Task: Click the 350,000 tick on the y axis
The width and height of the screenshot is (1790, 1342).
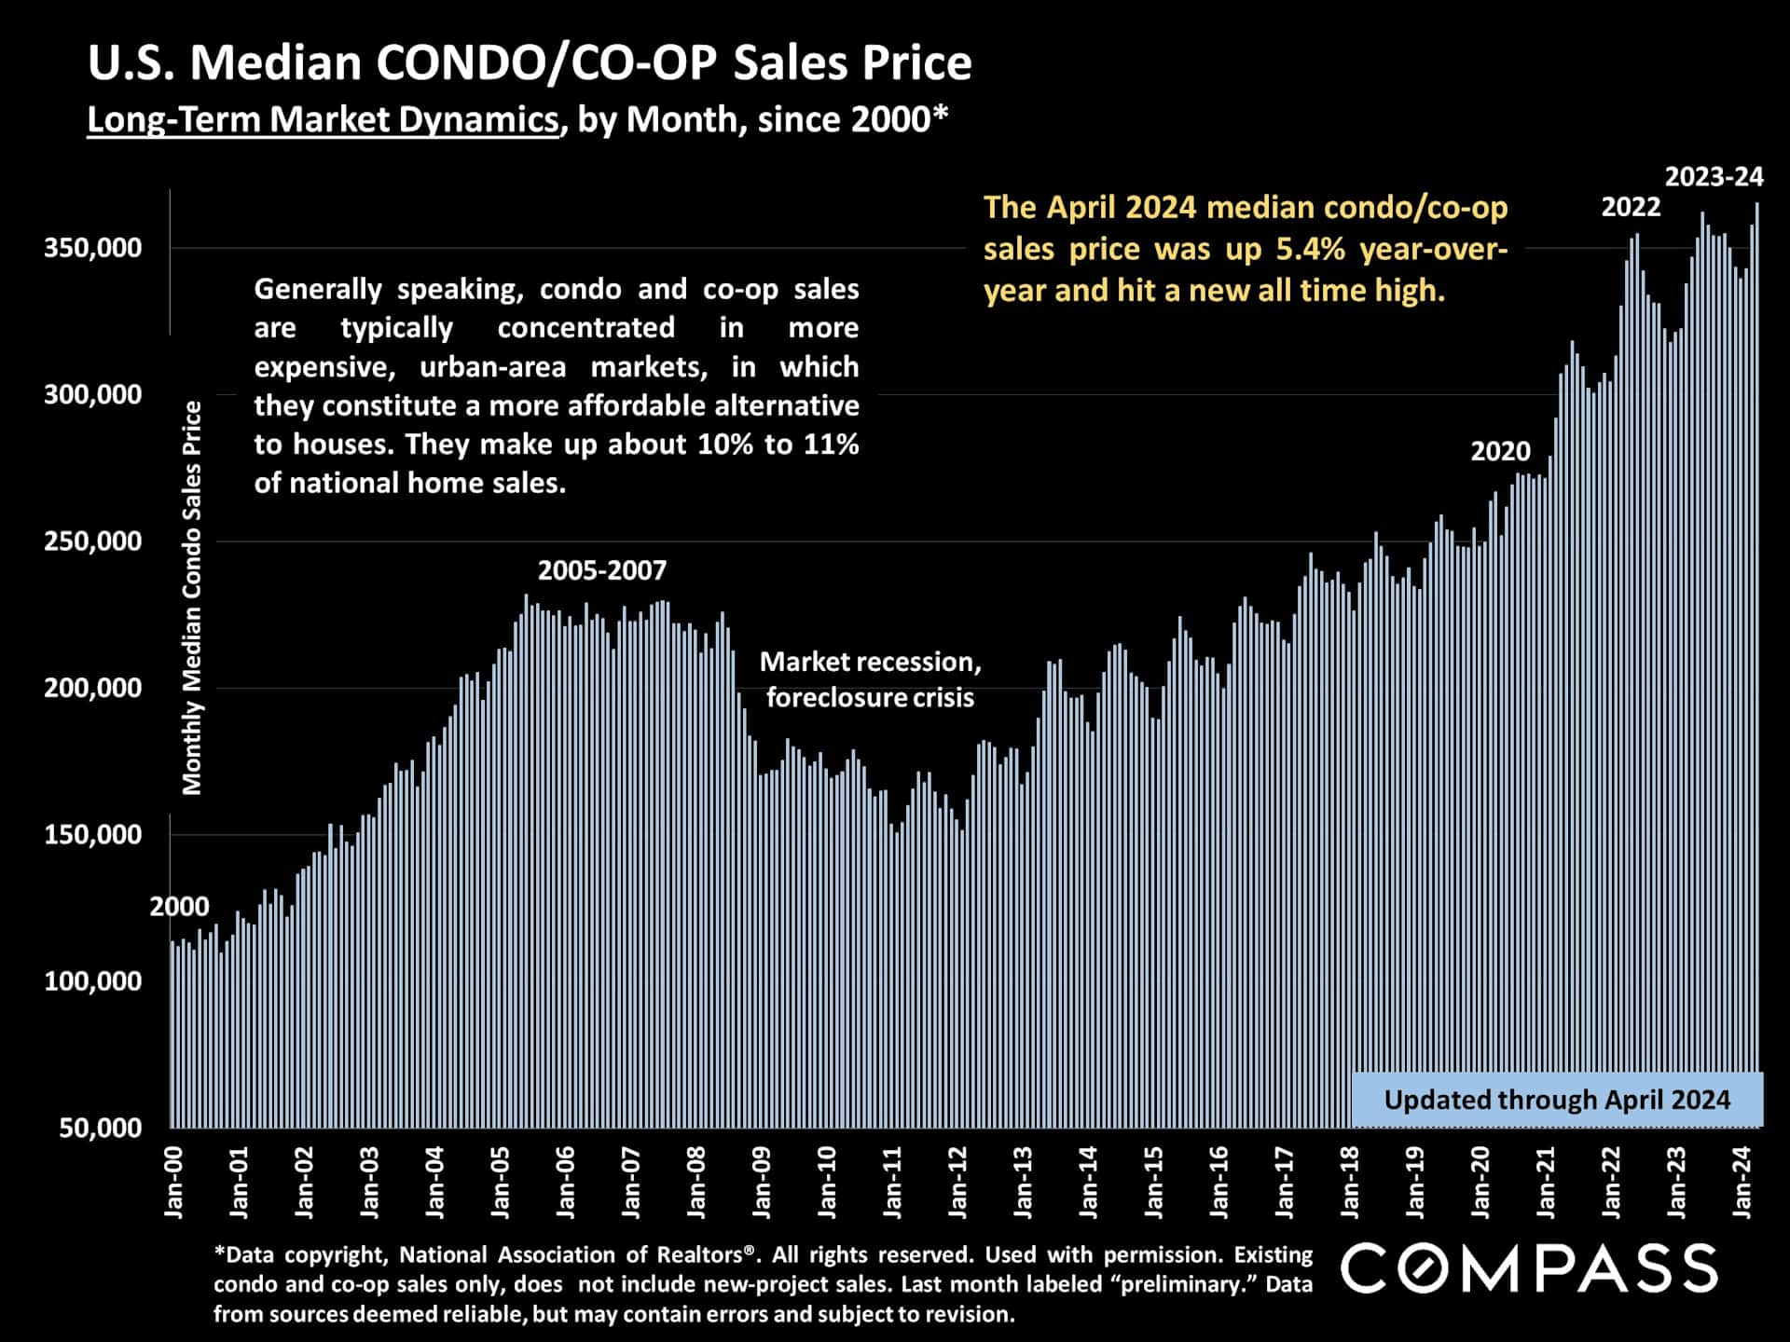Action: tap(92, 248)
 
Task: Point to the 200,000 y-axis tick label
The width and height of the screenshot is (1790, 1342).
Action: tap(92, 688)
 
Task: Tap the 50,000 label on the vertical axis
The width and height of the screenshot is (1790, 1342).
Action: tap(100, 1128)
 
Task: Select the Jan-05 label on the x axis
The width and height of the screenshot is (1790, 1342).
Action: tap(501, 1183)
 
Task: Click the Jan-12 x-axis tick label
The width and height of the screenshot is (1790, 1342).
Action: tap(958, 1183)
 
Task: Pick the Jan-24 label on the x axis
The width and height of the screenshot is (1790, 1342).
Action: tap(1742, 1183)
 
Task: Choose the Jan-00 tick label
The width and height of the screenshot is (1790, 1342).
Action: tap(174, 1183)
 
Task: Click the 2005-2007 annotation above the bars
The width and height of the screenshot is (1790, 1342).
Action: tap(602, 570)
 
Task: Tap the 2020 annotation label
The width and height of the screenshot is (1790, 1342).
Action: tap(1500, 451)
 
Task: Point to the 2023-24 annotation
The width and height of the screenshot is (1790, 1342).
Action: tap(1714, 176)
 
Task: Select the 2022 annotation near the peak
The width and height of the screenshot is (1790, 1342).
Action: tap(1631, 207)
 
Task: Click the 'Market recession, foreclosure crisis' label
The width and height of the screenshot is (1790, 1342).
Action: tap(870, 679)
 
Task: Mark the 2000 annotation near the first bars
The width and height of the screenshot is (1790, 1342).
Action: tap(180, 906)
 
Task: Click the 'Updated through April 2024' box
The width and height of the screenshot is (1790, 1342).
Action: tap(1557, 1100)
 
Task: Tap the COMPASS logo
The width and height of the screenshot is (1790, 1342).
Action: tap(1529, 1268)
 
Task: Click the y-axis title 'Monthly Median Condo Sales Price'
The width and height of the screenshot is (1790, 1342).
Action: tap(192, 597)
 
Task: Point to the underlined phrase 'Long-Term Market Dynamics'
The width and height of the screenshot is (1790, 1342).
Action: tap(323, 119)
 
